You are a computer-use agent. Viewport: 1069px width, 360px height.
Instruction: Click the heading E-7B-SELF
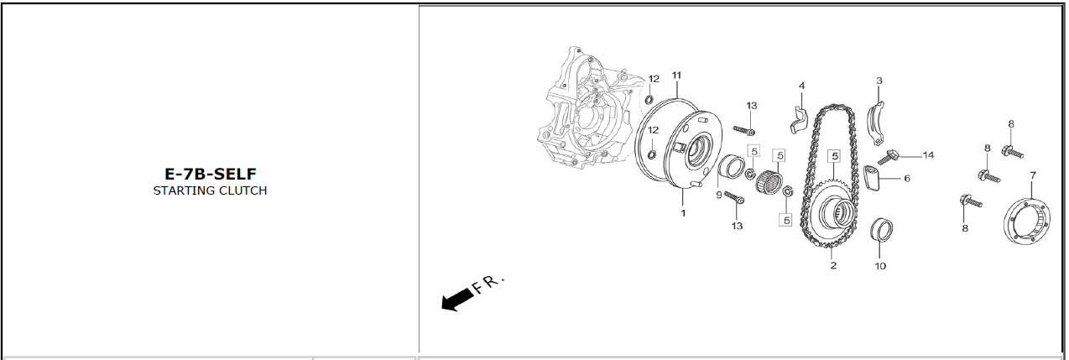click(211, 174)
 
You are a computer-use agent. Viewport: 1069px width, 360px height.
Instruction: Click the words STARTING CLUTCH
click(210, 190)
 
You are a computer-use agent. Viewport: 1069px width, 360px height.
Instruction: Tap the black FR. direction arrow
click(457, 300)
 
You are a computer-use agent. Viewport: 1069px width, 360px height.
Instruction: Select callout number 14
click(928, 155)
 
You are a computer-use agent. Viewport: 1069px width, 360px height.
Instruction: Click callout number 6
click(907, 179)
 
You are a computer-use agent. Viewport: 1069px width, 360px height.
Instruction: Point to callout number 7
click(1033, 175)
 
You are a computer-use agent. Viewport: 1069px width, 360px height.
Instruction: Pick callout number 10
click(880, 266)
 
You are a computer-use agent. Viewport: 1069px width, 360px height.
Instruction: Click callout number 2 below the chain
click(833, 265)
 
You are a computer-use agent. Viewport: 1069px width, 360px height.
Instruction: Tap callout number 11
click(676, 76)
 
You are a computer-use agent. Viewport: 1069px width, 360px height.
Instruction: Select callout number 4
click(802, 86)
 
